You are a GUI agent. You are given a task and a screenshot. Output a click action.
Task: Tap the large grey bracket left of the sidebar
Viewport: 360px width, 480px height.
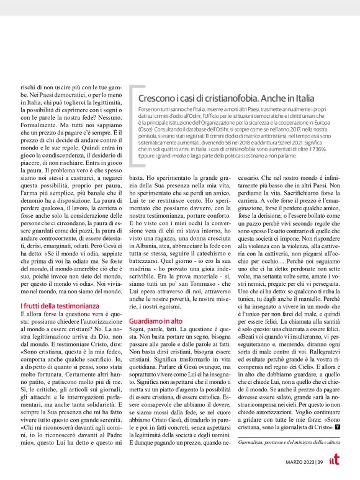[x=132, y=128]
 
